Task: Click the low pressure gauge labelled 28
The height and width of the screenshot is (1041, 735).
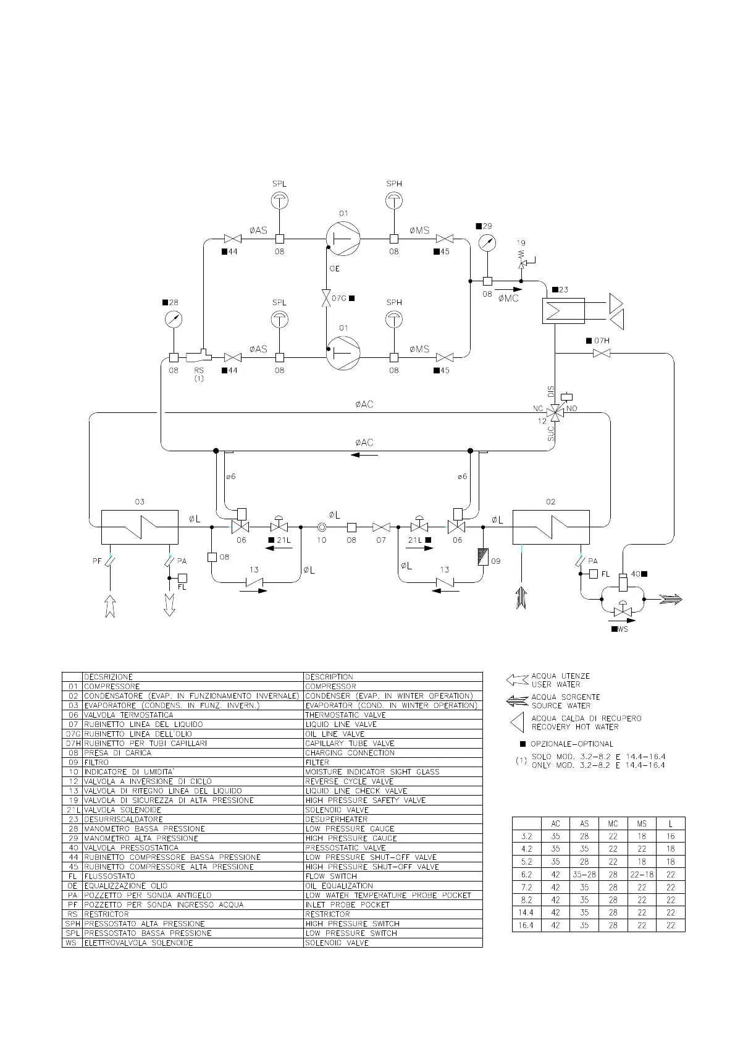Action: (174, 319)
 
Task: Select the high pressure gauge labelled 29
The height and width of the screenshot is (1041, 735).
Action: (487, 243)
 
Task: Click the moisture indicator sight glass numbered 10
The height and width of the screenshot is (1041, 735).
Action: (322, 527)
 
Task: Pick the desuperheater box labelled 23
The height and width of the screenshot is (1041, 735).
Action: (563, 310)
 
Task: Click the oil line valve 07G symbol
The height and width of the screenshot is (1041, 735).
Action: (325, 299)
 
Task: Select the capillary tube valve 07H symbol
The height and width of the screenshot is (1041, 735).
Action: (602, 353)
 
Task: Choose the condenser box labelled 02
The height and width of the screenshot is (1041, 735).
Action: (551, 527)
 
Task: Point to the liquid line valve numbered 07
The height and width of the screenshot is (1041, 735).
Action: (381, 527)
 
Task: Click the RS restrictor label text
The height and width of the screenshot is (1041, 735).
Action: (198, 370)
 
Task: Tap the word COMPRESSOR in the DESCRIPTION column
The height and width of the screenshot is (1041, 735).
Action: (330, 686)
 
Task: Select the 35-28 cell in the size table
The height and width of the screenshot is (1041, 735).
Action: (584, 875)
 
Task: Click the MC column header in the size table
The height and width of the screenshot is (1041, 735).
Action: (613, 823)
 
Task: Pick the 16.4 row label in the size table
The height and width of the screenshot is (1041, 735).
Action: (526, 925)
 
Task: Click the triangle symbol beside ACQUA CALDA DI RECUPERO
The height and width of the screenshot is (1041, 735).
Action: (518, 722)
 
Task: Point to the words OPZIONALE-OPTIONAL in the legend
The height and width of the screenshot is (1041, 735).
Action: (571, 744)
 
